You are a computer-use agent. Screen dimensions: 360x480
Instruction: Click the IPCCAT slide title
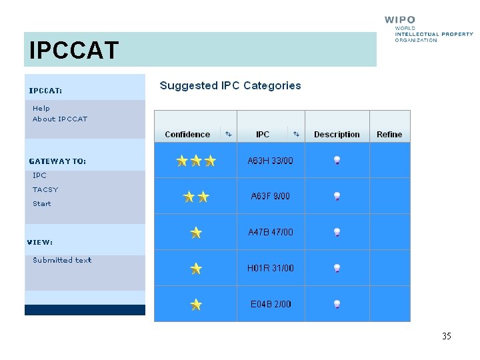[74, 50]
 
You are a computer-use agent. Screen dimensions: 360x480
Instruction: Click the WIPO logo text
[400, 20]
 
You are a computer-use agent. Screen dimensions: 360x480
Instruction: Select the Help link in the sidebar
[41, 108]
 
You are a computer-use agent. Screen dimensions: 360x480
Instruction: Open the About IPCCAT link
[60, 119]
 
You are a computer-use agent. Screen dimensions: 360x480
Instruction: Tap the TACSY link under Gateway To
[45, 189]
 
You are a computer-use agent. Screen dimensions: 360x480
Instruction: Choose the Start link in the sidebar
[42, 203]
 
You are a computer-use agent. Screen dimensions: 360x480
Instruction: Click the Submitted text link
[62, 260]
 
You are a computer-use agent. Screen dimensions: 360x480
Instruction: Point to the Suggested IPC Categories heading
[230, 85]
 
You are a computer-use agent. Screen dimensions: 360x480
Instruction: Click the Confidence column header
[187, 134]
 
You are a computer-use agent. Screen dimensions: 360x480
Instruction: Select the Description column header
[337, 134]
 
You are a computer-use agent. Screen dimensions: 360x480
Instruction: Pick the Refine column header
[389, 134]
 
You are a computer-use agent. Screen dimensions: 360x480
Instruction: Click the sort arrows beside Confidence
[228, 134]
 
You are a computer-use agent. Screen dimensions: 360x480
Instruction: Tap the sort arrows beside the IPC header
[296, 134]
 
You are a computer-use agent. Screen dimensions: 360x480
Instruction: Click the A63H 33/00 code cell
[270, 161]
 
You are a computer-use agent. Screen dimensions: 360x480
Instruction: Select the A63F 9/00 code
[270, 196]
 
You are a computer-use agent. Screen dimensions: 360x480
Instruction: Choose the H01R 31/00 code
[270, 268]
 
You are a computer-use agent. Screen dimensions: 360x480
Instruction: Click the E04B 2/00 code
[271, 304]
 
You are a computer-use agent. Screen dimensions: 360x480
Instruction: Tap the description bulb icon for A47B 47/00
[337, 232]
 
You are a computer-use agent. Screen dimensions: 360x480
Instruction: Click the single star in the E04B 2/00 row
[196, 305]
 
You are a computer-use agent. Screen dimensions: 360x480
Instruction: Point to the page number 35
[446, 336]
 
